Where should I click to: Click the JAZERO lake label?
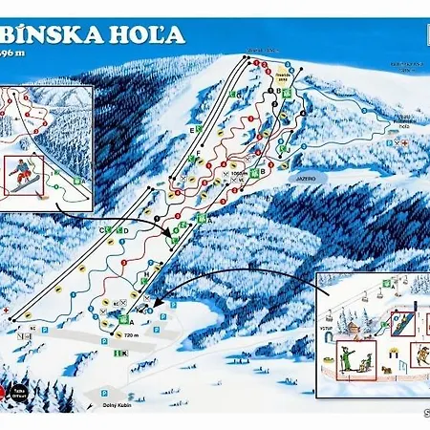click(303, 178)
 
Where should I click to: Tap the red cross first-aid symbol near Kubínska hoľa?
click(407, 140)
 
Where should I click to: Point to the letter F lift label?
click(198, 154)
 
